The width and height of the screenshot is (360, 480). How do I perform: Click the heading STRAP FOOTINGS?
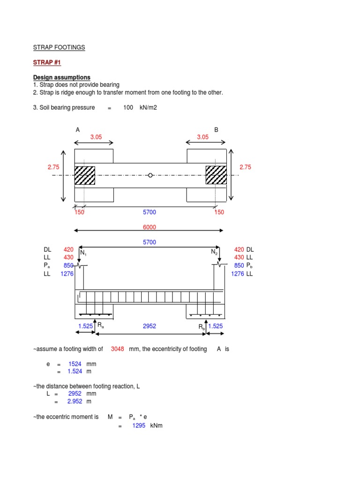59,47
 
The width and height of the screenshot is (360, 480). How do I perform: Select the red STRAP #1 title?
47,62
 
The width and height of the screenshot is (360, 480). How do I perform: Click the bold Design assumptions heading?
61,77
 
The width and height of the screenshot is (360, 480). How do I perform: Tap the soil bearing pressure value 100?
128,108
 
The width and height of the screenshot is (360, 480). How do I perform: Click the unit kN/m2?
148,108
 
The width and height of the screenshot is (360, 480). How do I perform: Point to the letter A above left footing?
77,129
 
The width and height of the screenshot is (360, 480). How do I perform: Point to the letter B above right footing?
217,129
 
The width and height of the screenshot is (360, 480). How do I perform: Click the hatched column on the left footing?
85,175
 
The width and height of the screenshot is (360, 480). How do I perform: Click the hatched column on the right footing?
216,175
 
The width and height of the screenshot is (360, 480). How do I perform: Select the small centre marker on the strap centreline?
150,175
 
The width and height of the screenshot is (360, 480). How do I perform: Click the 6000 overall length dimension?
150,227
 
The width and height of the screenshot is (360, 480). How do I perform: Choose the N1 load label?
83,253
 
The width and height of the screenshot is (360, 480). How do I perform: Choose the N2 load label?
214,253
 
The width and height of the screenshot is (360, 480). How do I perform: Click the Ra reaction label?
100,324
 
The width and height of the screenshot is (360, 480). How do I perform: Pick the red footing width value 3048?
118,349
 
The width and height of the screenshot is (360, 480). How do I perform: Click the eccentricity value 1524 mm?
75,364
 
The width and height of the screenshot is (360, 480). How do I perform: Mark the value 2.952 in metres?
75,401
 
